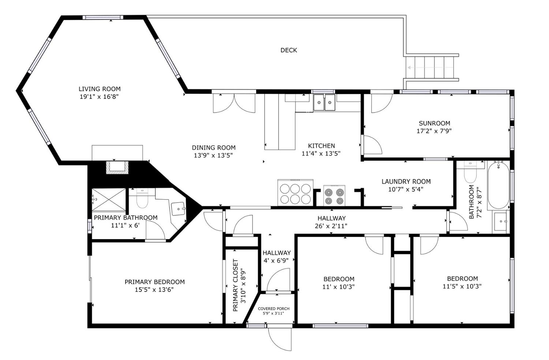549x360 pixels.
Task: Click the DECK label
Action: (x=289, y=50)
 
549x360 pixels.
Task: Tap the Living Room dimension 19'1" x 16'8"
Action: (x=99, y=97)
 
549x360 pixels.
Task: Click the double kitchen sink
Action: (x=324, y=103)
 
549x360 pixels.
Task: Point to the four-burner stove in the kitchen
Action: (x=334, y=196)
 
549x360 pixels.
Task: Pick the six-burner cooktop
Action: (x=295, y=193)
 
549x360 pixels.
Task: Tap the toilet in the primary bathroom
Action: (x=142, y=198)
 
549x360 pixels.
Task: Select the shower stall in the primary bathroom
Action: (x=109, y=200)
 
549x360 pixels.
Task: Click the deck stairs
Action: (x=432, y=68)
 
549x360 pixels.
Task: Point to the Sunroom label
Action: (x=434, y=123)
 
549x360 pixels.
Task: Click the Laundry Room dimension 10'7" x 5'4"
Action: (x=406, y=189)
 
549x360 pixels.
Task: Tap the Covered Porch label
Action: (x=273, y=308)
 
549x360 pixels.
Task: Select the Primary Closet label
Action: (x=236, y=285)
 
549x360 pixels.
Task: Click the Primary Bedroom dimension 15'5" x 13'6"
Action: (x=154, y=290)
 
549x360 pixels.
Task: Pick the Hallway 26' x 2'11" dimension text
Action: (x=331, y=226)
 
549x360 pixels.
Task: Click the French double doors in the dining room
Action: (x=234, y=103)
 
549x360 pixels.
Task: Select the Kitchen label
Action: (x=321, y=146)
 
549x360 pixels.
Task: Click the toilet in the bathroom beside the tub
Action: (x=470, y=172)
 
